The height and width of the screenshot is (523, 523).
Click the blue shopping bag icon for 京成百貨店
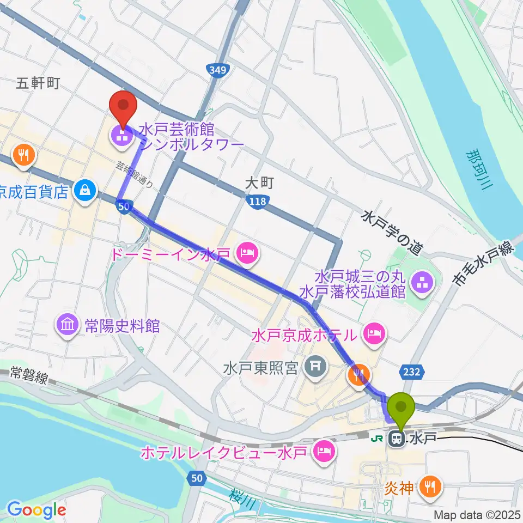tap(86, 190)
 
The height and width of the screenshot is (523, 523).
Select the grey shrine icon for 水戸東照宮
tap(315, 369)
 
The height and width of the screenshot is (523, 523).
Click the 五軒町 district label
tap(38, 83)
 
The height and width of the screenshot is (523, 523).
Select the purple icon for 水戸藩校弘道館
tap(421, 282)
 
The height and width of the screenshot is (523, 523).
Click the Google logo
tap(36, 510)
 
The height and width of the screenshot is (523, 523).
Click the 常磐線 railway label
tap(27, 375)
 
